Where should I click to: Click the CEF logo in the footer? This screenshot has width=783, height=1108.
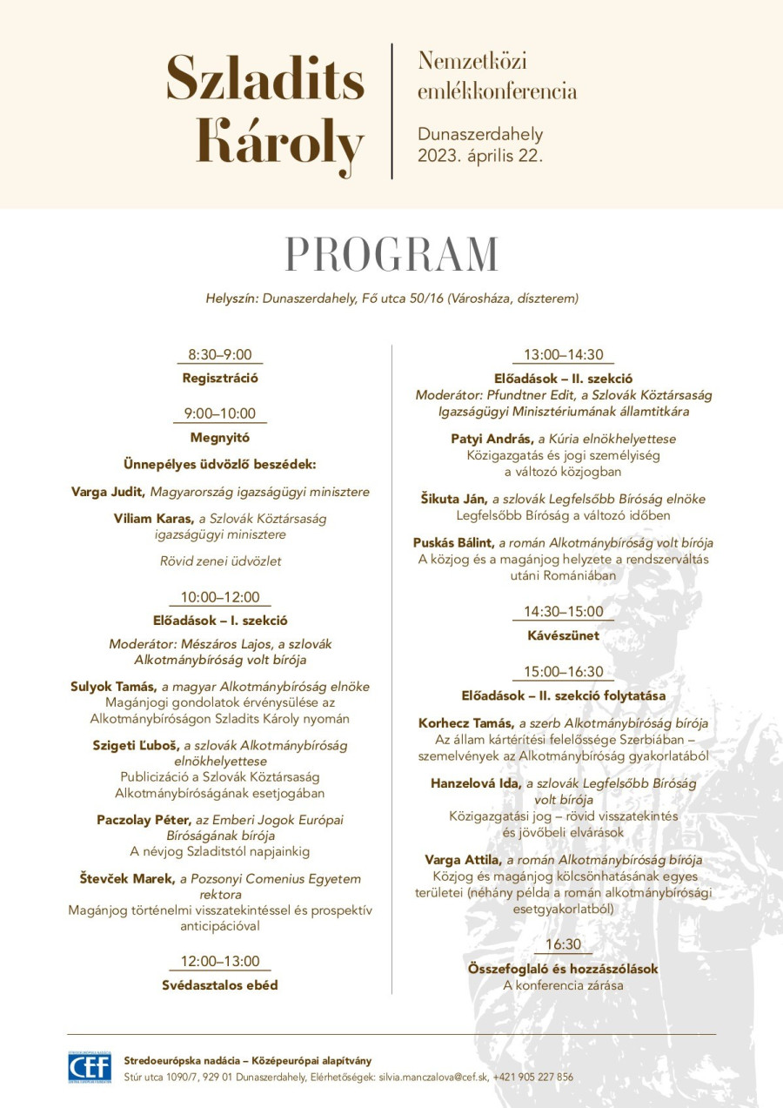(90, 1067)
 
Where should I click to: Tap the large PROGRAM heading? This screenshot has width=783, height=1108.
(391, 254)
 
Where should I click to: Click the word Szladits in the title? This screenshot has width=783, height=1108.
(265, 77)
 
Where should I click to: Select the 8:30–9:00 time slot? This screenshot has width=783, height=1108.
(220, 354)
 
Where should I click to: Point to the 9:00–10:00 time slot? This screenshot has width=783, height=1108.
(220, 413)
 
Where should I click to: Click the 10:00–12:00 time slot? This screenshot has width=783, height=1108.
(220, 597)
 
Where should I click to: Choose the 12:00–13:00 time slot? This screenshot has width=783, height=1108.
(220, 961)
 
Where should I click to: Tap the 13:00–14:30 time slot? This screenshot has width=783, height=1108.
(563, 354)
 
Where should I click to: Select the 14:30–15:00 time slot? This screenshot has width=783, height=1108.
(563, 611)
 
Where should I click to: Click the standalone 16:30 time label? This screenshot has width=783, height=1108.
(563, 944)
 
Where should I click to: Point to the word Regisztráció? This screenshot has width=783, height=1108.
(220, 378)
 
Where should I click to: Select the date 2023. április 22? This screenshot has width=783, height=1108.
(480, 156)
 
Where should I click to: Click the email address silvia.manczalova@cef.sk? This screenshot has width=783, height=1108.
(432, 1077)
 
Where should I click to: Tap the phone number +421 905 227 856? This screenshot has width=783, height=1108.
(533, 1077)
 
